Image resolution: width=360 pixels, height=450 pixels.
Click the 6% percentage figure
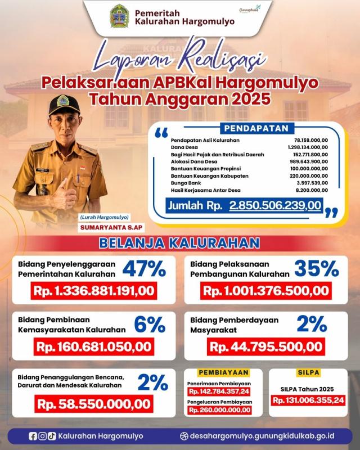[150, 325]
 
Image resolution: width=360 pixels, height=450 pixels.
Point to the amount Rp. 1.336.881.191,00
[93, 291]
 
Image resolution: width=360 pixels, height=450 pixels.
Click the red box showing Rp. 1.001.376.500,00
[265, 291]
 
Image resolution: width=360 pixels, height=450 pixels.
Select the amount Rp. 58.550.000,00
[93, 403]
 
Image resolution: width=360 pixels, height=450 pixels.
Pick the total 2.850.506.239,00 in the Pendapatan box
[275, 206]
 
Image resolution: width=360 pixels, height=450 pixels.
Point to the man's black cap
[66, 103]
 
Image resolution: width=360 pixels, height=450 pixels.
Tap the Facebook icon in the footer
[32, 436]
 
